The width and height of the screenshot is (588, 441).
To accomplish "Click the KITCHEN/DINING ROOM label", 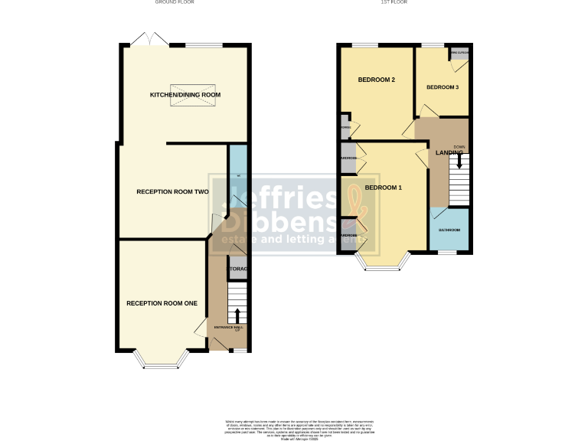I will point(185,95).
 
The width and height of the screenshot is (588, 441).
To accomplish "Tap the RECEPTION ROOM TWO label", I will point(172,191).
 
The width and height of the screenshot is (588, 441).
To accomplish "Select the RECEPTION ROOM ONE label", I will point(162,303).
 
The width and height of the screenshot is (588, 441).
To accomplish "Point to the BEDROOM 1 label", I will point(383,188).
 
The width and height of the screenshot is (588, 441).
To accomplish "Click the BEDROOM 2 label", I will point(376,80).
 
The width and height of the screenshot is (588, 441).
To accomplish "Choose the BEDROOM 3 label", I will point(442,87).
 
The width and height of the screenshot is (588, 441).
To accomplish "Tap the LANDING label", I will point(449,153).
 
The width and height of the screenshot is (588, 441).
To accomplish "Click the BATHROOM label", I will point(449,230).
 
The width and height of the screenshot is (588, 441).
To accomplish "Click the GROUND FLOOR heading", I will point(175,3).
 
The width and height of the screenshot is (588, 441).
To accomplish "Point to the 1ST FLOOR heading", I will point(394,3).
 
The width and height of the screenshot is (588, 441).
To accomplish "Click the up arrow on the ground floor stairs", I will point(237,315).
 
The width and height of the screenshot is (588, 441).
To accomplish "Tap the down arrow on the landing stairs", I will point(459,161).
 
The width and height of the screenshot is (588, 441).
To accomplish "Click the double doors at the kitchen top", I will point(148,38).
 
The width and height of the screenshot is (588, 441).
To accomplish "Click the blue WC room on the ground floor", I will point(239,176).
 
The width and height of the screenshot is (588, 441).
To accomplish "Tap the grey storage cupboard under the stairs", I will point(237,269).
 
